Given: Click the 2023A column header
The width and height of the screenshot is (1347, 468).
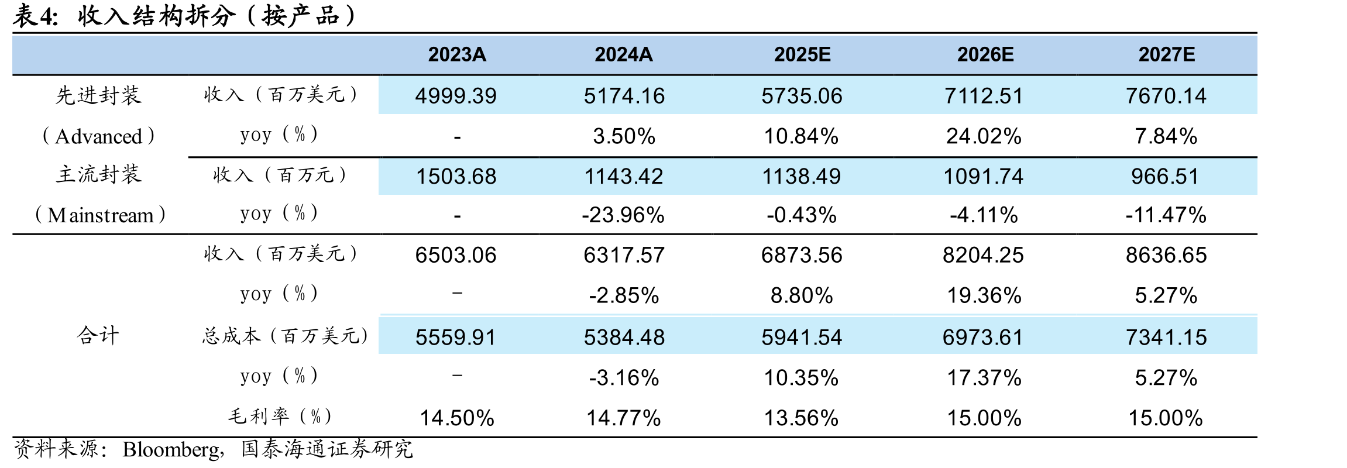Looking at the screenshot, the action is [x=457, y=54].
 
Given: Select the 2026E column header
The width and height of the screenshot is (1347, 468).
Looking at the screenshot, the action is [x=985, y=54].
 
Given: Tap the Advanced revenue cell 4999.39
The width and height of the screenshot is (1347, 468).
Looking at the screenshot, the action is [x=456, y=96].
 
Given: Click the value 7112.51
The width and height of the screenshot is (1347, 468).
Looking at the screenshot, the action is [x=984, y=96].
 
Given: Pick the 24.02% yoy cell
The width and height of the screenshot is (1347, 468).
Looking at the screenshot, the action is [x=984, y=136].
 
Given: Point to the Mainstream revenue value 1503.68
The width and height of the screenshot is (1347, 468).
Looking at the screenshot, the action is [x=456, y=176].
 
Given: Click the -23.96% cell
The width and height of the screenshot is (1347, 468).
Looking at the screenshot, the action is [x=623, y=215].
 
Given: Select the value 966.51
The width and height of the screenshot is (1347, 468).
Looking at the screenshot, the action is [x=1165, y=176].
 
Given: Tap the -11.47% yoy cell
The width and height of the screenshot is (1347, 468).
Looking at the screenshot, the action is [x=1166, y=215].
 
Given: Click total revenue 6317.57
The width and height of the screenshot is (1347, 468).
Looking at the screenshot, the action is [x=624, y=255].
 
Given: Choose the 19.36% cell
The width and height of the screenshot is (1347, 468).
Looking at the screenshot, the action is [x=984, y=295].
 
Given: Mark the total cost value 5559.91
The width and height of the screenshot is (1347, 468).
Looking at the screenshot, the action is [x=456, y=338].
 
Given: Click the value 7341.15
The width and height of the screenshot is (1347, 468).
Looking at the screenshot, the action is [x=1166, y=338].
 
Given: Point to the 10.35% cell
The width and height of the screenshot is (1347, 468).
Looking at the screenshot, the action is [x=802, y=378].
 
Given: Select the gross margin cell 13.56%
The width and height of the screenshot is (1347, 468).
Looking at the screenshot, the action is [x=802, y=418].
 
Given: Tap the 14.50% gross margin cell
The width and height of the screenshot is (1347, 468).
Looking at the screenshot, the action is [x=457, y=418].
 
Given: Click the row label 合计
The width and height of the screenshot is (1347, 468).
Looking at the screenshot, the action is [x=98, y=335].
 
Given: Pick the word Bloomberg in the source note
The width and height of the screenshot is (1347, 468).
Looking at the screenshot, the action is [x=171, y=449].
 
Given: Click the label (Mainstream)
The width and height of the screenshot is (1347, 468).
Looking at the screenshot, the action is [x=100, y=215].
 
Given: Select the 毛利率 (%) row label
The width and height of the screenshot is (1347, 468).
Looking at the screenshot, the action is [x=280, y=417].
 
